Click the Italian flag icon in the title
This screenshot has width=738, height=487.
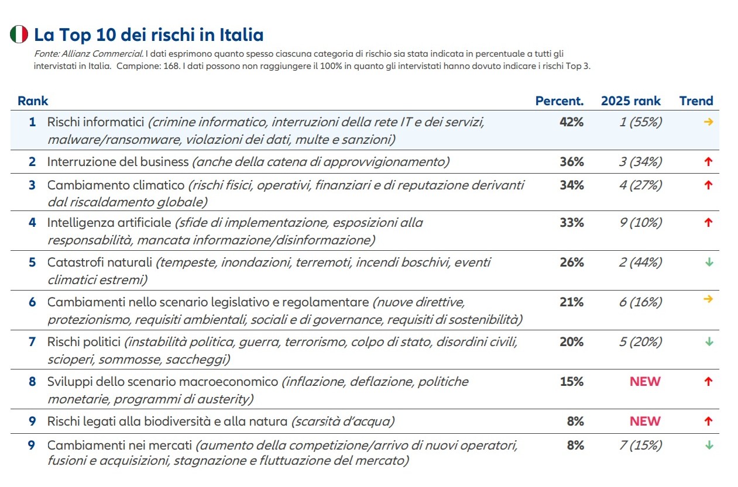pyautogui.click(x=19, y=34)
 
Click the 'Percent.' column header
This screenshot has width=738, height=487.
pyautogui.click(x=559, y=101)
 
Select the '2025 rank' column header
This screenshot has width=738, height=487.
pyautogui.click(x=630, y=101)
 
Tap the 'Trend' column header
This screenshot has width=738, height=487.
pyautogui.click(x=696, y=101)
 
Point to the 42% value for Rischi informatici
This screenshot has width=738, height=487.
pyautogui.click(x=571, y=122)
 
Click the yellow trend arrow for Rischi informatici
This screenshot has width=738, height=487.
pyautogui.click(x=708, y=122)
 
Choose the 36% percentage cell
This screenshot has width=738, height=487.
pyautogui.click(x=571, y=162)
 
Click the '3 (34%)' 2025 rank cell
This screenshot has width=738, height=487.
pyautogui.click(x=640, y=162)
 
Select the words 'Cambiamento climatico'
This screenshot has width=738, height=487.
pyautogui.click(x=115, y=185)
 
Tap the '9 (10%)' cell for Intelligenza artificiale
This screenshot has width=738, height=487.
pyautogui.click(x=640, y=223)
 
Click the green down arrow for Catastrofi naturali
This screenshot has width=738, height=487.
pyautogui.click(x=709, y=263)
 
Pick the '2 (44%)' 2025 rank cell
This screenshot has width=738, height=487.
pyautogui.click(x=640, y=263)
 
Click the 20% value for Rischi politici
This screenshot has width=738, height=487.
pyautogui.click(x=571, y=342)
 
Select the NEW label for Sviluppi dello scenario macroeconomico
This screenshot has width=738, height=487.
pyautogui.click(x=645, y=382)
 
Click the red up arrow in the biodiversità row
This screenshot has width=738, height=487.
pyautogui.click(x=708, y=422)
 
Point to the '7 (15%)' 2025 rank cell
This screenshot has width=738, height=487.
pyautogui.click(x=640, y=445)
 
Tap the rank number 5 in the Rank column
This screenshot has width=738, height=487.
pyautogui.click(x=32, y=263)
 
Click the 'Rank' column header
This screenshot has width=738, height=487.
pyautogui.click(x=33, y=101)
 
